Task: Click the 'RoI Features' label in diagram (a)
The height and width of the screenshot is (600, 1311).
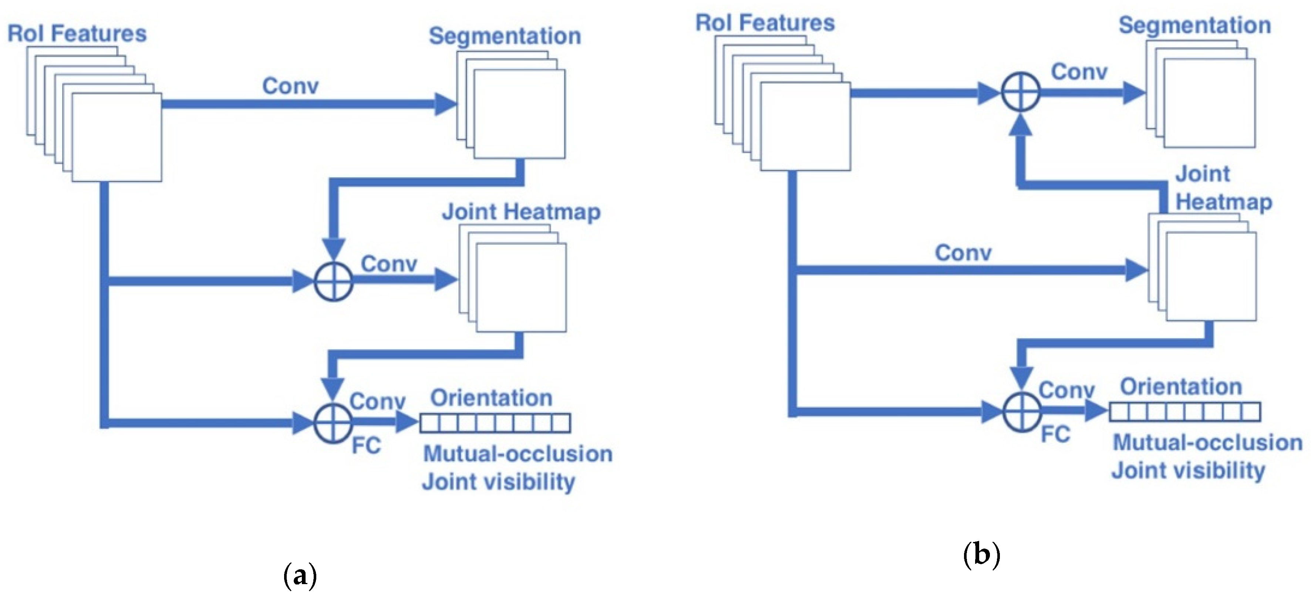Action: point(77,34)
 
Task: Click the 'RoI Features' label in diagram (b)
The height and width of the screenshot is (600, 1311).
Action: point(765,23)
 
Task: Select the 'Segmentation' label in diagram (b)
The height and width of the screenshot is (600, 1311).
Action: point(1194,25)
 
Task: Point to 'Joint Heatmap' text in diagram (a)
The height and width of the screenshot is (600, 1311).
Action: point(520,212)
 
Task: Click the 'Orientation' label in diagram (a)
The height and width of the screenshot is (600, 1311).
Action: point(491,397)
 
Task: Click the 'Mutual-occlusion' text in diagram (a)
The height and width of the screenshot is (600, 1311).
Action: point(518,454)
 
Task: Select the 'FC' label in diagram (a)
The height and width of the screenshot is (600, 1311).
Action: point(366,445)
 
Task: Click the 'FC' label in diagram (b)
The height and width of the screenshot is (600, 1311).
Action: point(1055,434)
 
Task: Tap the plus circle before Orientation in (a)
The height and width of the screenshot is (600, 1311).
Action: point(333,422)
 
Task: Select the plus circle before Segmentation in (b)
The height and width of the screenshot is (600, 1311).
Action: point(1020,92)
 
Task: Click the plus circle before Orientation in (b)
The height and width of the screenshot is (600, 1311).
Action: point(1021,411)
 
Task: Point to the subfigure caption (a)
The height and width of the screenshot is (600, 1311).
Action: point(300,575)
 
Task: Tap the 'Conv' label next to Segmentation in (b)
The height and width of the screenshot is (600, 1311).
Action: point(1079,72)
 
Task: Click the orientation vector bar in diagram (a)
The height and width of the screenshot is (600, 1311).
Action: point(495,423)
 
